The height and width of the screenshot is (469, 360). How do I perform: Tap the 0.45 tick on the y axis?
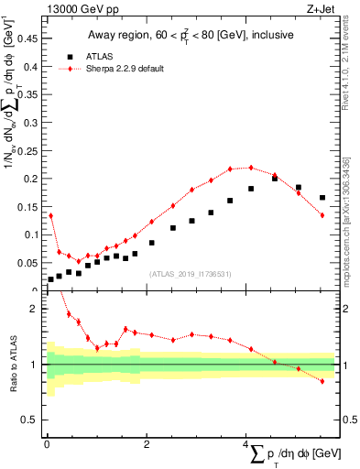tap(27, 38)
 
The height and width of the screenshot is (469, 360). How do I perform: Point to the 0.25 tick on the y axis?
tap(27, 150)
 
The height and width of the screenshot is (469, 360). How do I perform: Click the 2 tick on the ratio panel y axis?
tap(34, 309)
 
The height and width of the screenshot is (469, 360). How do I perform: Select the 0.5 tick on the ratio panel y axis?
tap(31, 420)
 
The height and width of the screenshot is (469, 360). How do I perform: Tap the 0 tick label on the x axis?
tap(47, 444)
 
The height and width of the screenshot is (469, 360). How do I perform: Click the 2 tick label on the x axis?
tap(147, 444)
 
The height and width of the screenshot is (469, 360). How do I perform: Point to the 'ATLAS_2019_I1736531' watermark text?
tap(191, 275)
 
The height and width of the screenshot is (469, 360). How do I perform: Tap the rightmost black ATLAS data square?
tap(322, 198)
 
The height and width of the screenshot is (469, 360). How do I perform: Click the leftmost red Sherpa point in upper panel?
tap(50, 215)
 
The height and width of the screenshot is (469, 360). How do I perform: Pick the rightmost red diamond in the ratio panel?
tap(322, 381)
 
